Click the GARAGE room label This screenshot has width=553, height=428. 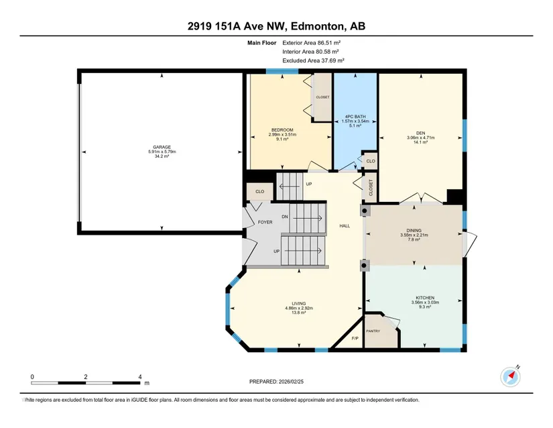point(162,147)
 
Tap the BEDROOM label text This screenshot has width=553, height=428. point(282,130)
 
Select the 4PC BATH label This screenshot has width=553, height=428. point(355,117)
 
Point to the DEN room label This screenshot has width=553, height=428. point(420,133)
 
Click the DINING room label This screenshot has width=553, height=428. point(414,230)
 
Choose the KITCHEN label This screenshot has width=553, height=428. point(425,298)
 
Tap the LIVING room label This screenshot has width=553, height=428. point(299,303)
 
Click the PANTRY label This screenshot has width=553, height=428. point(373,331)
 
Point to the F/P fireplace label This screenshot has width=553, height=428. point(355,338)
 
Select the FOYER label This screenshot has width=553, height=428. point(265,222)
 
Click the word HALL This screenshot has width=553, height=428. point(345,226)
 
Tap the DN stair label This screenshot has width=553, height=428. point(285,217)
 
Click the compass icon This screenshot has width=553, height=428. point(510,377)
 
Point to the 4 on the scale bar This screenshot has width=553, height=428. point(140,377)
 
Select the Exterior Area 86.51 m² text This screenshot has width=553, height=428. point(312,43)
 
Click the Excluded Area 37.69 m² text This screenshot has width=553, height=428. point(313,60)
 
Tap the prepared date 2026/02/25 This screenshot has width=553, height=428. point(291,382)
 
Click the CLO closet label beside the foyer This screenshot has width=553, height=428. point(259,192)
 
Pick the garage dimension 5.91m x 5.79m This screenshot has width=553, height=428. point(162,152)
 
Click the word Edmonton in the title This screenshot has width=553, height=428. point(318,26)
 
